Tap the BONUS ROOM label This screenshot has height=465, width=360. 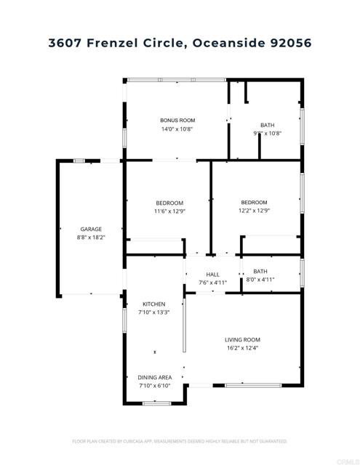tap(177, 120)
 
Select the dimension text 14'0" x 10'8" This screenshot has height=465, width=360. tap(177, 129)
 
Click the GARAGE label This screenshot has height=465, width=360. tap(91, 229)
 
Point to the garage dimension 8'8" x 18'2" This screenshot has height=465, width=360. tap(91, 238)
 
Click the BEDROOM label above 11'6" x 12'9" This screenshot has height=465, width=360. tap(169, 203)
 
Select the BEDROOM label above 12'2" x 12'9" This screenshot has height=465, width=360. tap(255, 202)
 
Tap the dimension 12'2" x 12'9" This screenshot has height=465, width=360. tap(255, 211)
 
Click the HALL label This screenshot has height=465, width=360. tap(213, 275)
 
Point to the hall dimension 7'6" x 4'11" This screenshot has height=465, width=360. tap(213, 283)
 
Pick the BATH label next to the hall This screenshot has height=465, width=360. tap(260, 271)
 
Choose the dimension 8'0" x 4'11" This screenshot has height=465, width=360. tap(260, 280)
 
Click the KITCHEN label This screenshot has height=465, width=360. tap(153, 304)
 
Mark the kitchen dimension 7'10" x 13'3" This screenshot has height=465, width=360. tap(153, 313)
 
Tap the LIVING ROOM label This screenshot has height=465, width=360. tap(242, 339)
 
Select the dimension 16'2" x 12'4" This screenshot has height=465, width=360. tap(242, 349)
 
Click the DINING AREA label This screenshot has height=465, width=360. tap(155, 377)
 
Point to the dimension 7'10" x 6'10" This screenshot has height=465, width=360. tap(155, 386)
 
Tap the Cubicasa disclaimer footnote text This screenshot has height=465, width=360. tap(180, 441)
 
